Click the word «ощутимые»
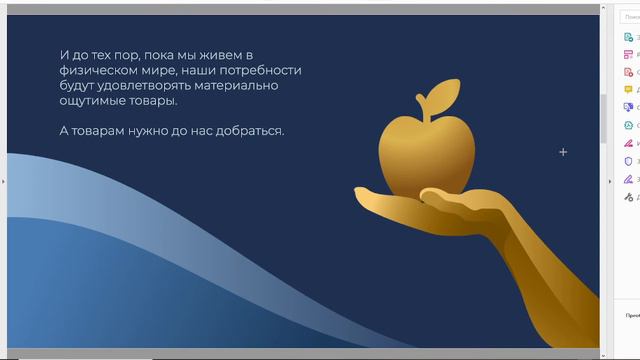tap(93, 101)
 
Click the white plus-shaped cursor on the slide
tap(563, 152)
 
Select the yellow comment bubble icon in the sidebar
tap(627, 90)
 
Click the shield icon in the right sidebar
tap(627, 161)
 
